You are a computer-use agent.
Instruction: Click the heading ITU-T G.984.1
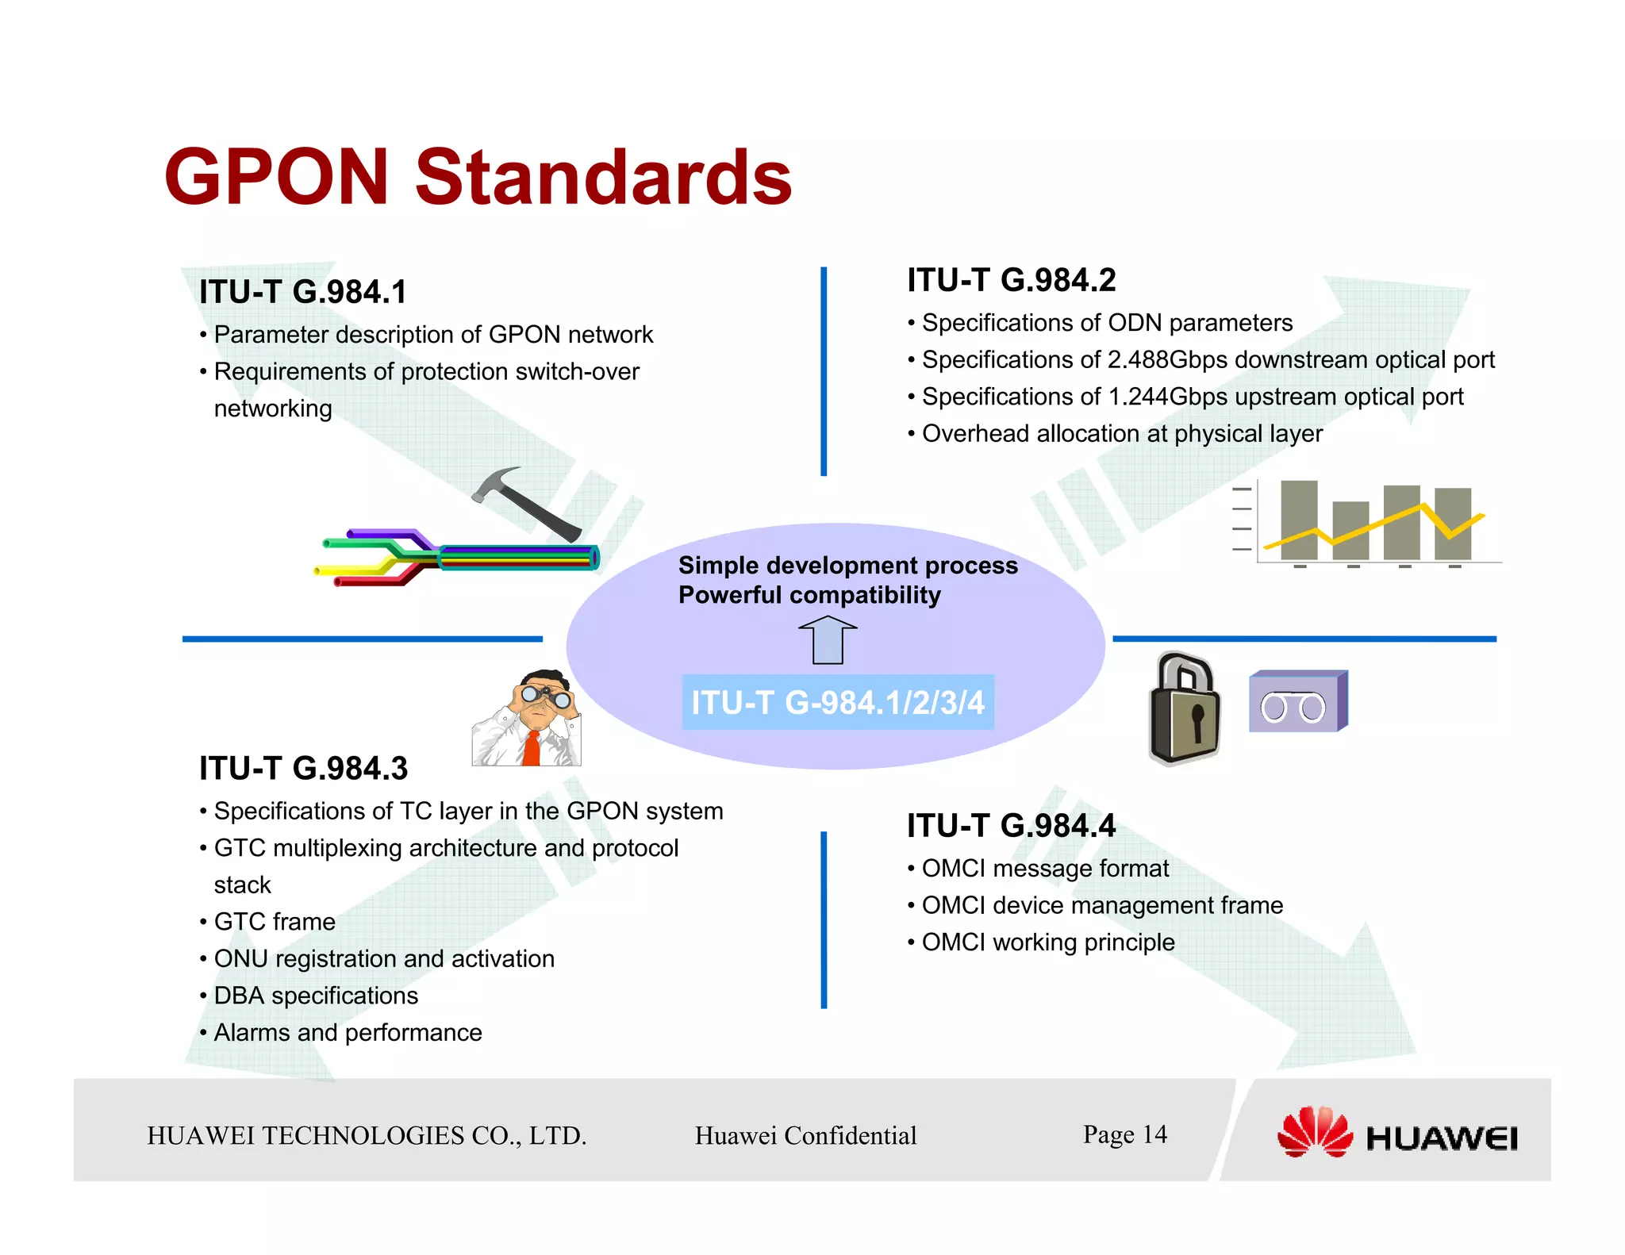click(302, 292)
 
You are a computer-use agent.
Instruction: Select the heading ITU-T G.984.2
click(1011, 280)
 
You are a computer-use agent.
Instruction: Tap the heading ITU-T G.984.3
click(303, 768)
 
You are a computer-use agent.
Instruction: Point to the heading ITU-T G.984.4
click(1011, 826)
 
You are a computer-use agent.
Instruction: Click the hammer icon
click(524, 501)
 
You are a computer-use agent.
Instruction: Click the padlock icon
click(1184, 708)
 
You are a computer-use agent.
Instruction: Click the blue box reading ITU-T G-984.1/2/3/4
click(837, 702)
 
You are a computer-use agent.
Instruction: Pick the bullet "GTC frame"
click(275, 922)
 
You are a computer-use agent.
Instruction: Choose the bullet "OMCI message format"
click(1044, 869)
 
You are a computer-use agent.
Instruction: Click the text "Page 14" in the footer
click(1124, 1134)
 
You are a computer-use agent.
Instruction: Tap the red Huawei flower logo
click(1314, 1132)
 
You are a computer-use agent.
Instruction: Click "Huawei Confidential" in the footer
click(805, 1135)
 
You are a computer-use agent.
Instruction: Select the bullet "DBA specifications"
click(316, 996)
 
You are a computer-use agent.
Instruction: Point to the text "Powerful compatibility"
click(809, 595)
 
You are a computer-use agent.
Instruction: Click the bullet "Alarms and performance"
click(348, 1032)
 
